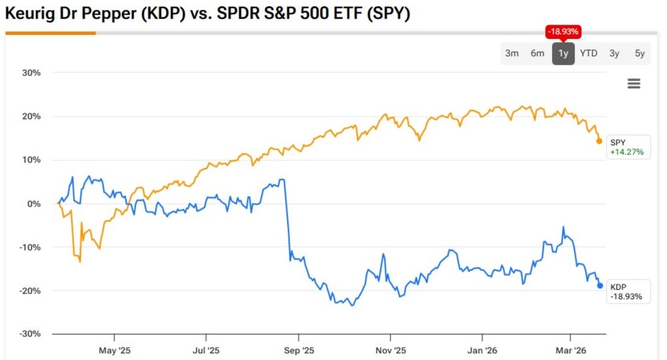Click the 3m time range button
[x=512, y=54]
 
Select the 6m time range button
[x=537, y=54]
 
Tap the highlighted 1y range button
[x=563, y=54]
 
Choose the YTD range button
[x=589, y=54]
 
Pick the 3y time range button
[x=614, y=54]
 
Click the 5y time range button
[x=640, y=54]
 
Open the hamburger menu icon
[x=634, y=84]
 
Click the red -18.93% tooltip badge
[x=563, y=31]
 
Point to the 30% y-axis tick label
[x=30, y=72]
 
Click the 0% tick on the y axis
[x=33, y=203]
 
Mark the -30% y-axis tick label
[x=29, y=334]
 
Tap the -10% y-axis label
[x=29, y=247]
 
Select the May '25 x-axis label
[x=115, y=349]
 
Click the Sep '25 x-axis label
[x=298, y=349]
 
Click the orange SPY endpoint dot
[x=599, y=141]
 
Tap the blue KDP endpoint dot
[x=600, y=286]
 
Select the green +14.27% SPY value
[x=627, y=152]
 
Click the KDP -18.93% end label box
[x=628, y=291]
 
